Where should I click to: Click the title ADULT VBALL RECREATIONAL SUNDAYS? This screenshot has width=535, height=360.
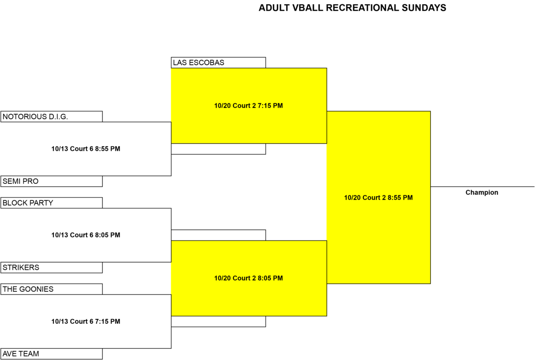pos(352,8)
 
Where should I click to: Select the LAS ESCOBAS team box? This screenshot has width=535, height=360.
pos(218,62)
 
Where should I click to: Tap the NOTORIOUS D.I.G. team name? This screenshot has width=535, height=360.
pos(35,116)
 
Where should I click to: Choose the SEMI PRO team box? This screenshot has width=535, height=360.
pos(52,181)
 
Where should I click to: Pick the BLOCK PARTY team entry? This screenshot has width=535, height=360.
pos(52,203)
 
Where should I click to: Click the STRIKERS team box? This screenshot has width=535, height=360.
pos(52,268)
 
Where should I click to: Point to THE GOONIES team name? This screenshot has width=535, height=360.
pos(28,289)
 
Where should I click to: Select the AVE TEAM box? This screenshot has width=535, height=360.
pos(52,354)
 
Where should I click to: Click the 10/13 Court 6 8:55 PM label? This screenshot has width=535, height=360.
pos(86,149)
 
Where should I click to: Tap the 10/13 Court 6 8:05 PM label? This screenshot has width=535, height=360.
pos(86,235)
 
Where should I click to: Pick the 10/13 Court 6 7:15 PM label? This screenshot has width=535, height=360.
pos(86,321)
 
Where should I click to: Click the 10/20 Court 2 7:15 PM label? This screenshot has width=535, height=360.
pos(248,106)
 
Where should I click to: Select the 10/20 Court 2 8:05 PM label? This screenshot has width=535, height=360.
pos(248,278)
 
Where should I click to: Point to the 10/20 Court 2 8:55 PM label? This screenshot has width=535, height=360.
pos(379,198)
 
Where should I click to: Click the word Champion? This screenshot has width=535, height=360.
pos(482,192)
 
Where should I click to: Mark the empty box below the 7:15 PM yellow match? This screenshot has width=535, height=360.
pos(218,149)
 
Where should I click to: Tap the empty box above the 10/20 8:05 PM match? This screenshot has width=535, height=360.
pos(218,235)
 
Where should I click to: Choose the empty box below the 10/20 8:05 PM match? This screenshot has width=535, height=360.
pos(218,322)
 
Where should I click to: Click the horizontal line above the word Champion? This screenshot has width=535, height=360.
pos(482,187)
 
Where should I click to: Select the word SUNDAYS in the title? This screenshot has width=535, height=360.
pos(424,8)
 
